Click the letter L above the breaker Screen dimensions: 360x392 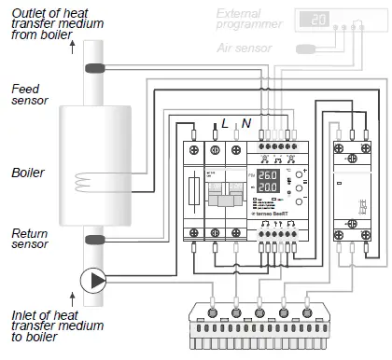(225, 123)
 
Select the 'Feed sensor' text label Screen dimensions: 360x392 (28, 94)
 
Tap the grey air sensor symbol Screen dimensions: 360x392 (309, 48)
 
